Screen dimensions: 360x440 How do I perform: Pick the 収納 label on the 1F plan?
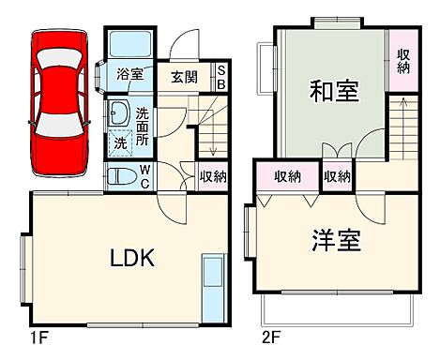tap(213, 175)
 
